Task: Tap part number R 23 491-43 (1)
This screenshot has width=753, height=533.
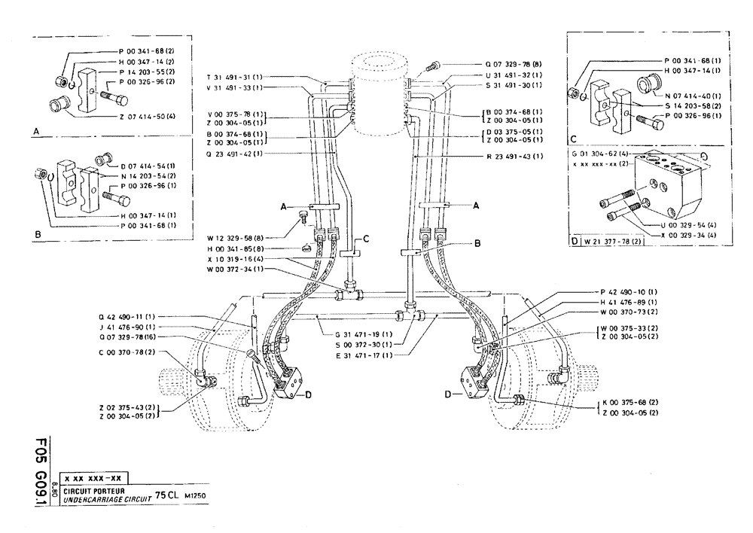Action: click(517, 156)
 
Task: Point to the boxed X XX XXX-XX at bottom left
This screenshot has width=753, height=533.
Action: click(93, 478)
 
